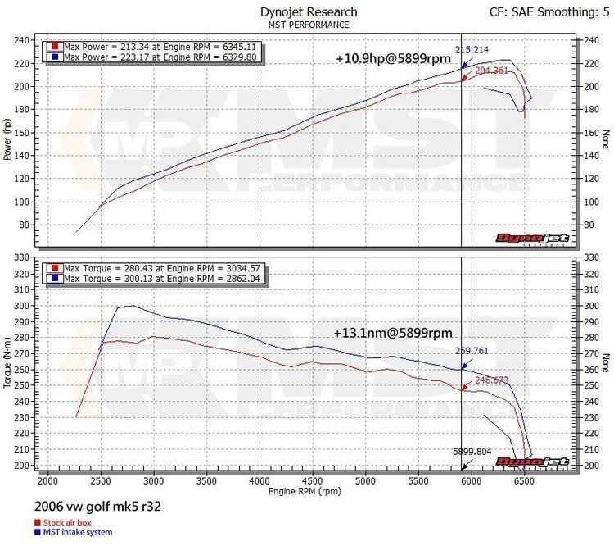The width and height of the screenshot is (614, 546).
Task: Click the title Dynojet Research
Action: tap(308, 11)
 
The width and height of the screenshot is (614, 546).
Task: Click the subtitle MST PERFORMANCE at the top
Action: tap(308, 25)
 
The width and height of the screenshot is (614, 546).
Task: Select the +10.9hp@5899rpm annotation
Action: tap(393, 59)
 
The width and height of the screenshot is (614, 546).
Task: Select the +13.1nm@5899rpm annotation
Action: tap(393, 334)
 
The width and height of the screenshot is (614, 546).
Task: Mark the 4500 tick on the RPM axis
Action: tap(312, 481)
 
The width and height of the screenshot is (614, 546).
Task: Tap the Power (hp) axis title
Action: tap(9, 140)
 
